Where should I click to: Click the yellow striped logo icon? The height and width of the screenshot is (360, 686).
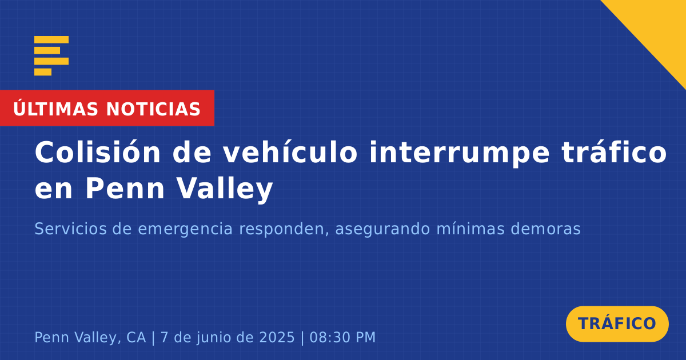[x=51, y=56]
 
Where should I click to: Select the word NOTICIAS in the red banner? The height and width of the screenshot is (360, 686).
[x=153, y=109]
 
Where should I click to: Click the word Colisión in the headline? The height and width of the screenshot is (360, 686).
[x=97, y=152]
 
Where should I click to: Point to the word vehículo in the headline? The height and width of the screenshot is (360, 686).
[x=290, y=152]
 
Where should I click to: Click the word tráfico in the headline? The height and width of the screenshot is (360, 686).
[x=614, y=152]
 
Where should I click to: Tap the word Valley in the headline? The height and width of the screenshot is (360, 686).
[x=225, y=189]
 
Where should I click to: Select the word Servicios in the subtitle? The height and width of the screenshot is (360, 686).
[x=70, y=229]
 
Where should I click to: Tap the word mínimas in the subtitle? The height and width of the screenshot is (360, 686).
[x=470, y=229]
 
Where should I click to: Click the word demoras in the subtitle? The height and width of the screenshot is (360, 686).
[x=545, y=229]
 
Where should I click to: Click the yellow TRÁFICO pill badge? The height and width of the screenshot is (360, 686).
[x=617, y=323]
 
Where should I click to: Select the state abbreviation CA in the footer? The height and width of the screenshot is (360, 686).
[x=131, y=337]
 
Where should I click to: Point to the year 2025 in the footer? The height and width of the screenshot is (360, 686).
[x=277, y=337]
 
